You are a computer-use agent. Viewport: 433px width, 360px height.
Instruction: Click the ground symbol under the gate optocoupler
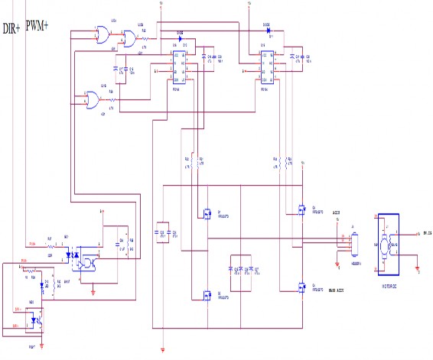[x=93, y=290]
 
